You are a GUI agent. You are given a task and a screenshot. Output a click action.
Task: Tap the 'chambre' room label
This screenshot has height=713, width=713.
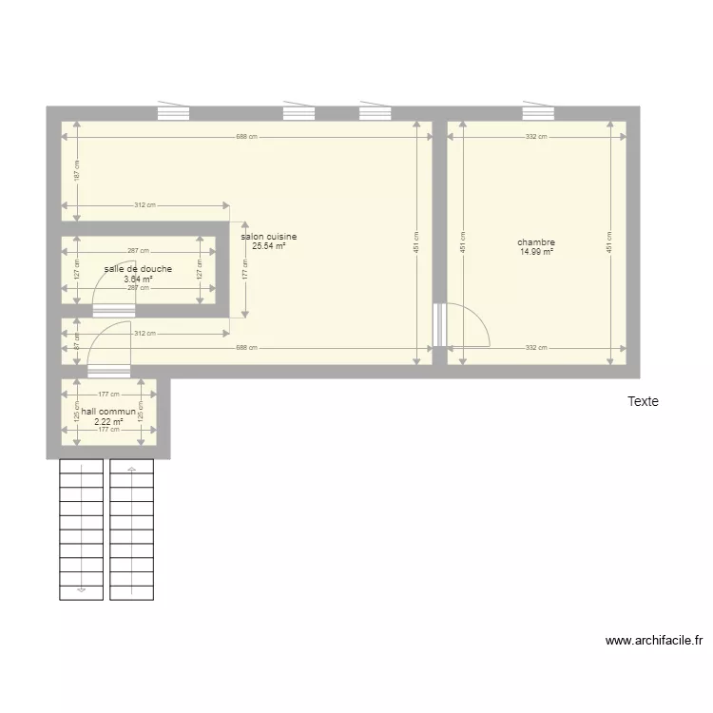[536, 242]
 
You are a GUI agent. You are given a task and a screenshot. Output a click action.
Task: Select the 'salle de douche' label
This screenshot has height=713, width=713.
[138, 269]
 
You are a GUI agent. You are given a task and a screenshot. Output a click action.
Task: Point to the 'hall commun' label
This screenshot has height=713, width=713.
[108, 412]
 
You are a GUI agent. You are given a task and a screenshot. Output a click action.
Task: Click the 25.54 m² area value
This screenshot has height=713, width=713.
[269, 246]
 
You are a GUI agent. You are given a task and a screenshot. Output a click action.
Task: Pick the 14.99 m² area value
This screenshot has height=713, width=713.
[536, 252]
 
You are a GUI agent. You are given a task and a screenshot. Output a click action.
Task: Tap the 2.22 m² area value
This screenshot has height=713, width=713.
[108, 421]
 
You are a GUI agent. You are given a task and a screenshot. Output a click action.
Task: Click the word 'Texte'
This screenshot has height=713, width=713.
[643, 402]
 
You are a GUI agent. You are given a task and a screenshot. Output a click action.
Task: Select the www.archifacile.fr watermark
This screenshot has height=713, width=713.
[653, 641]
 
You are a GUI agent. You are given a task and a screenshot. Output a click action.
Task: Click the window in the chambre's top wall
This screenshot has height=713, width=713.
[537, 113]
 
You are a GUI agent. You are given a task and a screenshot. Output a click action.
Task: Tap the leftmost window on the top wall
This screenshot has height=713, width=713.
[173, 113]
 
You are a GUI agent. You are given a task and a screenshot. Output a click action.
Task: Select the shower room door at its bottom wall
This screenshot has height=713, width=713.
[113, 310]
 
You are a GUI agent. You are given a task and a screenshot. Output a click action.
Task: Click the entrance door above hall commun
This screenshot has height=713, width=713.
[108, 371]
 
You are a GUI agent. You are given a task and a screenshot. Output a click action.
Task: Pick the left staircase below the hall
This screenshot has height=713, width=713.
[81, 530]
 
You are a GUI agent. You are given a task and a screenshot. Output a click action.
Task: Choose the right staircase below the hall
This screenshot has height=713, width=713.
[131, 530]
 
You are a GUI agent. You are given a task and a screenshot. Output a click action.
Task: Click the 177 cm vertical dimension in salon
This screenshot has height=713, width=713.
[245, 270]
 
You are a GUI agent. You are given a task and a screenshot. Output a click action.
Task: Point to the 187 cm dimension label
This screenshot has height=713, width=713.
[77, 170]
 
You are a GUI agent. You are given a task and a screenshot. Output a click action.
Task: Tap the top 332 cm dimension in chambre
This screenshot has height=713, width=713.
[536, 137]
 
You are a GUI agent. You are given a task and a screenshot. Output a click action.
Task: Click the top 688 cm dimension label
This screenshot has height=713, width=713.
[246, 137]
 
